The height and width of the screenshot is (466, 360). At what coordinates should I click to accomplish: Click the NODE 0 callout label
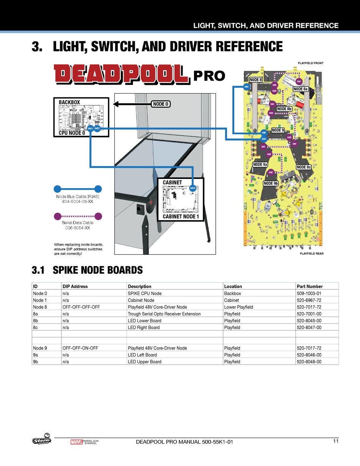(x=160, y=104)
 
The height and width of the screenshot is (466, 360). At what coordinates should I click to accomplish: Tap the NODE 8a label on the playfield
(x=301, y=89)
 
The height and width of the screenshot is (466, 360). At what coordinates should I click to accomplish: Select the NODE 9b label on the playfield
(x=271, y=184)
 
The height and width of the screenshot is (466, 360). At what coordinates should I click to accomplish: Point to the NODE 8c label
(x=304, y=167)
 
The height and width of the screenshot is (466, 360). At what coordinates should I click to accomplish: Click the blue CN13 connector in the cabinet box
(x=193, y=188)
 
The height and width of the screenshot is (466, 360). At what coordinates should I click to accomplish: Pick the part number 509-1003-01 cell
(x=309, y=293)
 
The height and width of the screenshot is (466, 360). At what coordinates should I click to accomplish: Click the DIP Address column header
(x=75, y=287)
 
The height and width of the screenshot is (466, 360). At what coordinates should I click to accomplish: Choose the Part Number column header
(x=310, y=287)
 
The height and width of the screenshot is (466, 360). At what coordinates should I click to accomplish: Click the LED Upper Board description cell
(x=144, y=362)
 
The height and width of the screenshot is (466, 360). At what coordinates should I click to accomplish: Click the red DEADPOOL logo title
(x=121, y=74)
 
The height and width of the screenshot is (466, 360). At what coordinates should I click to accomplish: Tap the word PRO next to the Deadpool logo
(x=209, y=76)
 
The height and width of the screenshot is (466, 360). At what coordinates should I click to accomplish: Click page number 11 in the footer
(x=336, y=441)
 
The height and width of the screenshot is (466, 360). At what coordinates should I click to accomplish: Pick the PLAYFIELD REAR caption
(x=311, y=253)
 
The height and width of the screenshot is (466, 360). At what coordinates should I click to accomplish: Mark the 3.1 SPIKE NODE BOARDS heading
(x=87, y=270)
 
